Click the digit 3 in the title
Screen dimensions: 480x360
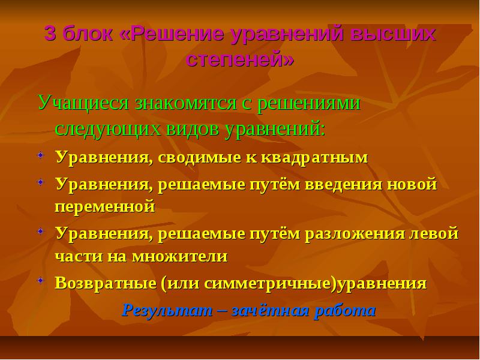click(50, 33)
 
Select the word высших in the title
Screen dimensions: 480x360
click(394, 34)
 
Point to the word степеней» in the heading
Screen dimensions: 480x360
click(239, 58)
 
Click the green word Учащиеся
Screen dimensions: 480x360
click(83, 103)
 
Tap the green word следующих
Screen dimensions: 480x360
click(107, 129)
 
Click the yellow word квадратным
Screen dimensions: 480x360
click(314, 158)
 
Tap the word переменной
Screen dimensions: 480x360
click(105, 206)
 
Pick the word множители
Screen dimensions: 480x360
click(180, 256)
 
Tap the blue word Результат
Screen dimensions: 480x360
click(167, 311)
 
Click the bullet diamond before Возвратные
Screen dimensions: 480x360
click(41, 280)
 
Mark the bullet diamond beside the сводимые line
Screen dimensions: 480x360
click(41, 155)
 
